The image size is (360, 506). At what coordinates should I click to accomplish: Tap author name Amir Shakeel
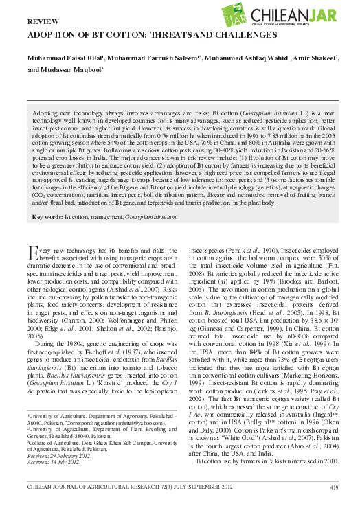click(x=310, y=59)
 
